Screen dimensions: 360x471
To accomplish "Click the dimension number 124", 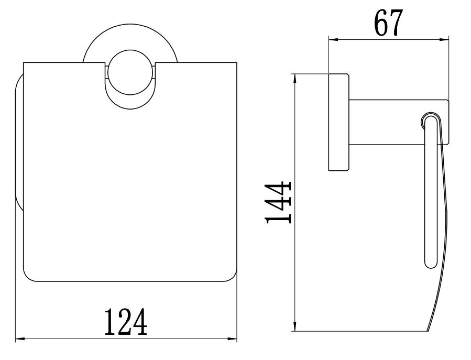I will click(x=125, y=322).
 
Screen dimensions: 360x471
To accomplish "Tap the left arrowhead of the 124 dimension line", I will click(x=19, y=339).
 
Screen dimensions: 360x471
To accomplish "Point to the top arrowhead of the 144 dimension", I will click(x=297, y=79).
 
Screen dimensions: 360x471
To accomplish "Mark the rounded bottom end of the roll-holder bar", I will click(x=430, y=264).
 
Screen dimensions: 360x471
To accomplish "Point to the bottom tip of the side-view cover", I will click(x=429, y=330).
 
